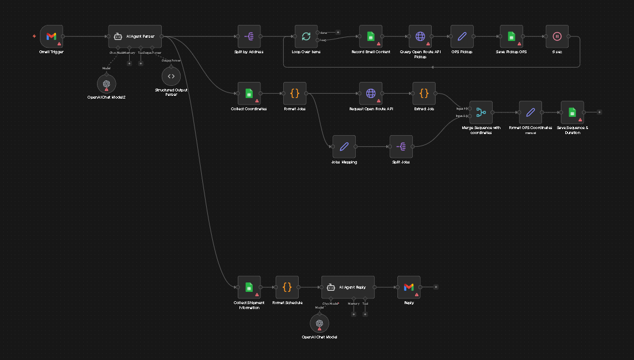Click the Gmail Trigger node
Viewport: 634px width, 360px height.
coord(51,37)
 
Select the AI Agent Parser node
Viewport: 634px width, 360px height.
coord(135,37)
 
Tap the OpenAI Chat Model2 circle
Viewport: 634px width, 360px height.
coord(106,84)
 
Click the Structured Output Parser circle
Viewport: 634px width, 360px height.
coord(171,76)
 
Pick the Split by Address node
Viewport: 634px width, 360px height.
coord(249,37)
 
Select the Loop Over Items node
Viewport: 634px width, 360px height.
coord(306,37)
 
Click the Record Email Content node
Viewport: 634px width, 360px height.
coord(371,37)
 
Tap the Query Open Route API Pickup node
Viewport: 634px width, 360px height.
coord(420,37)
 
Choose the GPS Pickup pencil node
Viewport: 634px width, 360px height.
coord(462,37)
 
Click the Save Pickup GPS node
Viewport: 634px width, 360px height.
coord(512,37)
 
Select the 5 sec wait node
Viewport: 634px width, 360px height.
coord(557,37)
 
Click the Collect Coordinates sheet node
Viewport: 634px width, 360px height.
coord(249,94)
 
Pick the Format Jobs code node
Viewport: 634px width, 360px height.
coord(294,94)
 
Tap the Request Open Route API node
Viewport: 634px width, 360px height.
coord(371,94)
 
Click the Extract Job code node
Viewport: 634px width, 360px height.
coord(424,94)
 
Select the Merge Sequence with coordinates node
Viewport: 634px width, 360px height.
coord(480,112)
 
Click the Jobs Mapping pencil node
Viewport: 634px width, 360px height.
coord(344,147)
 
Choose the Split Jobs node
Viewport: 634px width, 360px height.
coord(401,147)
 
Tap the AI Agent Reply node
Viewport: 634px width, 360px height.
coord(347,287)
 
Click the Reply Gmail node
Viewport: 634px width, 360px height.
coord(408,287)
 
